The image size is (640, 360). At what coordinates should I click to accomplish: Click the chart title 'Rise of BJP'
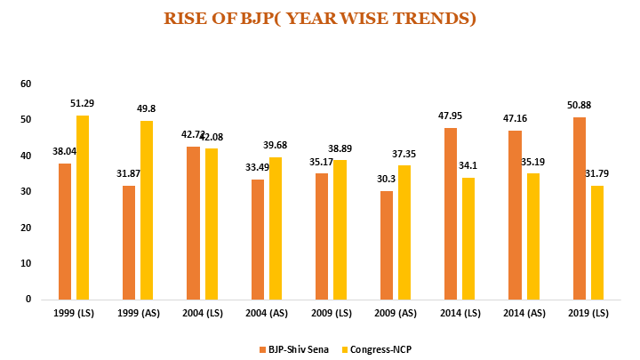(x=319, y=19)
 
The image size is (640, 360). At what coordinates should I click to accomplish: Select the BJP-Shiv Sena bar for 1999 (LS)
(x=64, y=231)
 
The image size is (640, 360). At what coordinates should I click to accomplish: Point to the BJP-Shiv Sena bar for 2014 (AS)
(x=515, y=214)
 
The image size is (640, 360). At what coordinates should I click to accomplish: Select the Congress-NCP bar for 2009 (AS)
(x=404, y=232)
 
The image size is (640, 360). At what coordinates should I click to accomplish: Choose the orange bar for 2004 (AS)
(x=258, y=239)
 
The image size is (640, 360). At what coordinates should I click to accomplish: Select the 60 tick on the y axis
(x=26, y=84)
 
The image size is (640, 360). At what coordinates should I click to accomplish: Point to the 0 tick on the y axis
(x=28, y=300)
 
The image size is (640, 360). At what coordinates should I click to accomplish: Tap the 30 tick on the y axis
(x=26, y=192)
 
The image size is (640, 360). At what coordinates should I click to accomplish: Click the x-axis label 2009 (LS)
(x=331, y=314)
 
